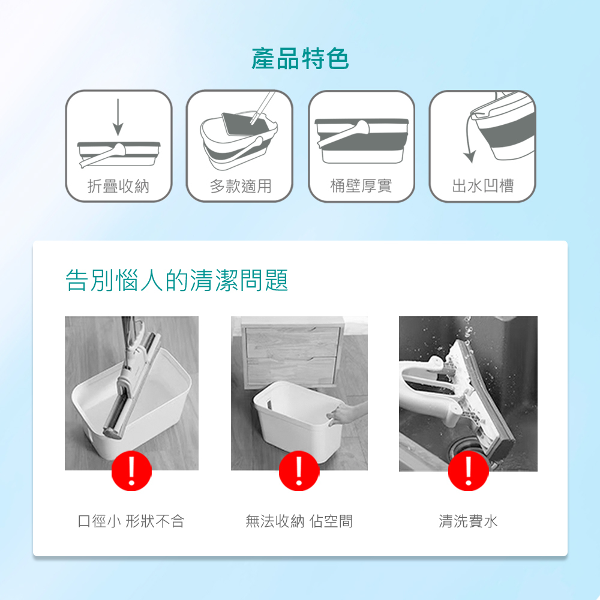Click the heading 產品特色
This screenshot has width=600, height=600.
pyautogui.click(x=300, y=59)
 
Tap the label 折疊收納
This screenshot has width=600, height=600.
pyautogui.click(x=118, y=187)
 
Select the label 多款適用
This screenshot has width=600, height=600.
pyautogui.click(x=241, y=187)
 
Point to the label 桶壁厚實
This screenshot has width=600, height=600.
pyautogui.click(x=361, y=186)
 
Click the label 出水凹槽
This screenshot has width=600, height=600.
pyautogui.click(x=482, y=186)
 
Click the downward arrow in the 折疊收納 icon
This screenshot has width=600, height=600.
pyautogui.click(x=118, y=117)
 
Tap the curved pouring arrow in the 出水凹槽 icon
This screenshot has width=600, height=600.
pyautogui.click(x=467, y=138)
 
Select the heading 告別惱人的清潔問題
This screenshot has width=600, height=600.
pyautogui.click(x=177, y=280)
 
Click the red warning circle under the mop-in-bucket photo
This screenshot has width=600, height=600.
pyautogui.click(x=131, y=470)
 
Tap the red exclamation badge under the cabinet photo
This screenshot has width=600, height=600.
pyautogui.click(x=299, y=470)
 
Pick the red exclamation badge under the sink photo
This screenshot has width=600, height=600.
pyautogui.click(x=469, y=470)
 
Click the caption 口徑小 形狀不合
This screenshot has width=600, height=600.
pyautogui.click(x=131, y=521)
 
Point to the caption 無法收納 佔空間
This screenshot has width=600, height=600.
pyautogui.click(x=299, y=521)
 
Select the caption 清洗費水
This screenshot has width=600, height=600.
pyautogui.click(x=468, y=521)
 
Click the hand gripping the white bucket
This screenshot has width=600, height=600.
pyautogui.click(x=343, y=413)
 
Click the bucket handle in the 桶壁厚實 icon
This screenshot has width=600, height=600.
pyautogui.click(x=343, y=134)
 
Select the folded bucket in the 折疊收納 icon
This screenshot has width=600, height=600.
pyautogui.click(x=119, y=154)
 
